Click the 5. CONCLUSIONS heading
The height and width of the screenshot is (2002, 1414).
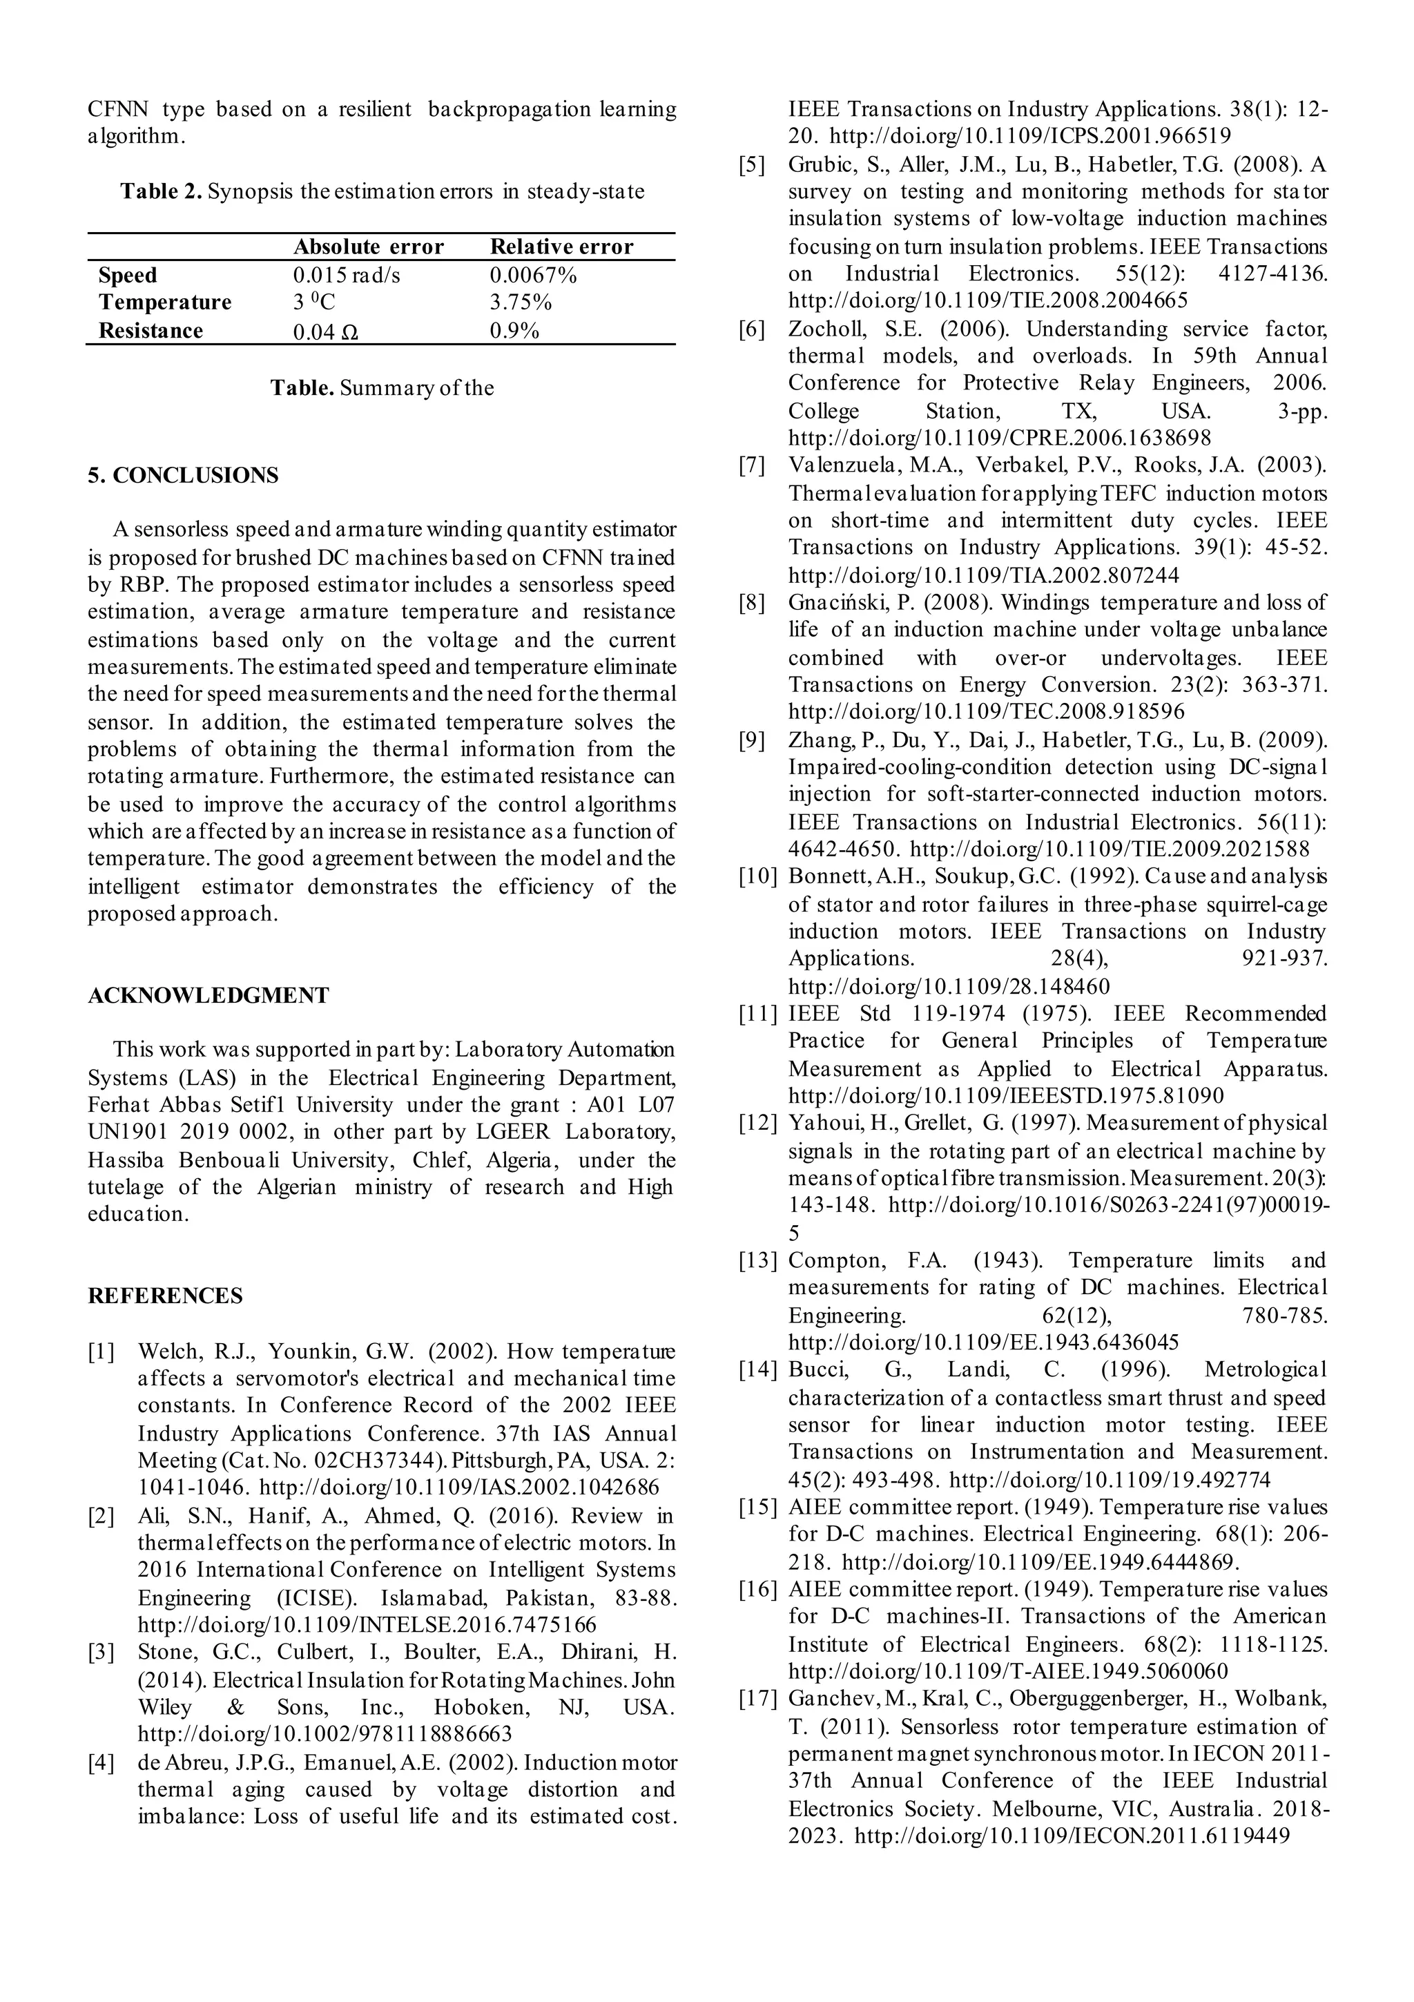(x=183, y=475)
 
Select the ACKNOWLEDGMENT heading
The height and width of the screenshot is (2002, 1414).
(x=209, y=995)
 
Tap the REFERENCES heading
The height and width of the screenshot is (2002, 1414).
(x=165, y=1296)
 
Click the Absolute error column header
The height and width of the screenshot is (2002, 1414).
(x=368, y=247)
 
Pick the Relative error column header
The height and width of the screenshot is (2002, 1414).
(x=561, y=247)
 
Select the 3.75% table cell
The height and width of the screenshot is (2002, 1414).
(x=521, y=302)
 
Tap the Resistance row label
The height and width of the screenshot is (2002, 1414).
(x=150, y=331)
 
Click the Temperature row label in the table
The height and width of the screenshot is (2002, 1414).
(x=165, y=302)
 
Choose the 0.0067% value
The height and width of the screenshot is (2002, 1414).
(x=532, y=276)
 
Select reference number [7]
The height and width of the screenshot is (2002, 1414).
(x=751, y=465)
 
